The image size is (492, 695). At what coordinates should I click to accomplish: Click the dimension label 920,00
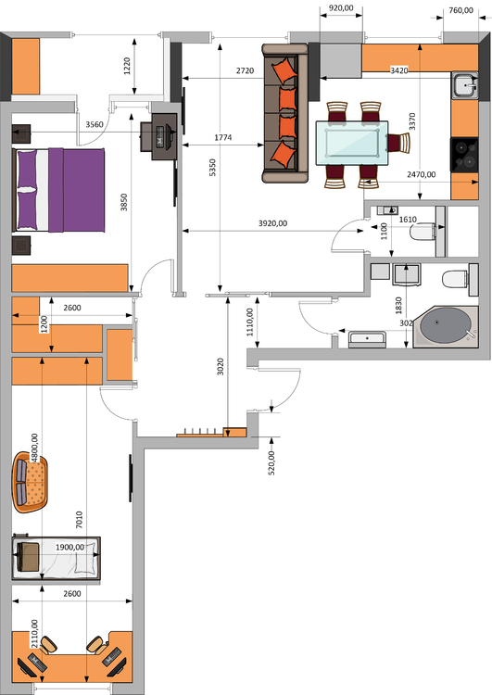click(341, 7)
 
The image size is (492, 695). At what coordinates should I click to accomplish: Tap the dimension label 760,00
click(460, 10)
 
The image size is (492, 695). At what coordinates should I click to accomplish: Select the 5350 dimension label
click(212, 168)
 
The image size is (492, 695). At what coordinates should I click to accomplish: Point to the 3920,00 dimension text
click(272, 223)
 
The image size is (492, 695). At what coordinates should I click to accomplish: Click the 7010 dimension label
click(79, 520)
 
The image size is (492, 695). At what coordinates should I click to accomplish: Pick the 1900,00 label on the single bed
click(69, 548)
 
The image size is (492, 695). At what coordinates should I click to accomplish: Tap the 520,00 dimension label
click(271, 462)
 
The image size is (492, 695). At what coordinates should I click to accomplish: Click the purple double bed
click(59, 190)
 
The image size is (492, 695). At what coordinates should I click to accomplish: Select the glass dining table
click(352, 143)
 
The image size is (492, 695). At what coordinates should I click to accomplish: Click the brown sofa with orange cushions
click(285, 113)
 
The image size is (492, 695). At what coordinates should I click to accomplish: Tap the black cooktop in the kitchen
click(464, 155)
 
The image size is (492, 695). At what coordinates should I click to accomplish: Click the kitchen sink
click(465, 85)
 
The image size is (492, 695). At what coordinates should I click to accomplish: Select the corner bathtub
click(446, 327)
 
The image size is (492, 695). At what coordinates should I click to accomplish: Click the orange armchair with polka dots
click(30, 482)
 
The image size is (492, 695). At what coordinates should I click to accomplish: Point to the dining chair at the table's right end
click(399, 143)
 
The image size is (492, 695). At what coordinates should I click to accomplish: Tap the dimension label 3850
click(124, 202)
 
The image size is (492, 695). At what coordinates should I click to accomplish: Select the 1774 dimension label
click(223, 138)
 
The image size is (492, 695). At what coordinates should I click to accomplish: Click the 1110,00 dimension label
click(250, 322)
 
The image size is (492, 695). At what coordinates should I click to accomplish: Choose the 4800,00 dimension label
click(34, 449)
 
